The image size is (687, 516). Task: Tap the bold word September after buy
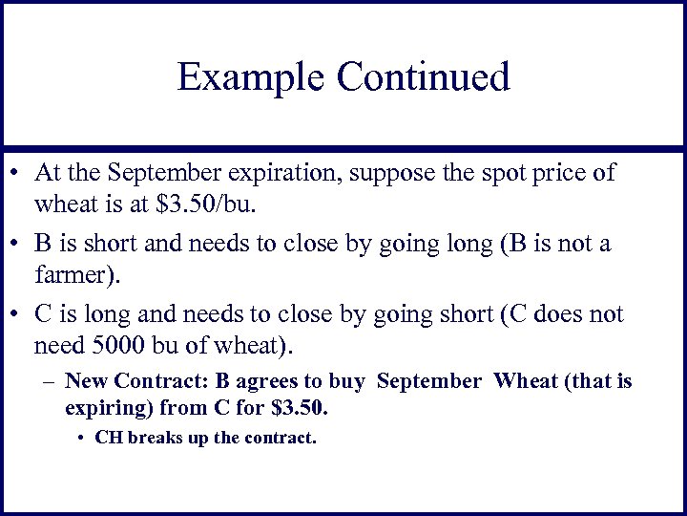429,382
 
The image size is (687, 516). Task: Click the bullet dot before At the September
17,176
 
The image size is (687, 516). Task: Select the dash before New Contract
52,382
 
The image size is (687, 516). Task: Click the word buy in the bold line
346,382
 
